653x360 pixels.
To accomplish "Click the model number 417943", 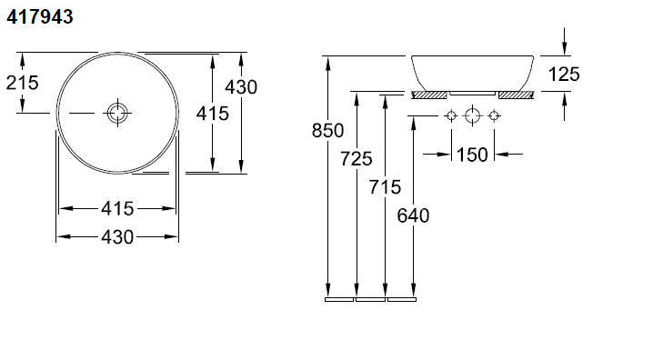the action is coord(40,17).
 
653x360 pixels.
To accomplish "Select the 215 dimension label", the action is coord(23,83).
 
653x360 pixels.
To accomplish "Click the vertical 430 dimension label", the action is coord(241,87).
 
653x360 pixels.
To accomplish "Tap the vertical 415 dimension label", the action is coord(213,114).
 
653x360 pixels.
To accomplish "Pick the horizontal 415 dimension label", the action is coord(117,208).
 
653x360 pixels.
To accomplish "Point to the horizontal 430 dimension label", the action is coord(117,236).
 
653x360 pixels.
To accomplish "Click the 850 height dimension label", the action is coord(327,130).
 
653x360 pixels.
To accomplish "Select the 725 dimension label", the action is coord(357,158).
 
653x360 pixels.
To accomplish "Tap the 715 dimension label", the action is coord(385,187).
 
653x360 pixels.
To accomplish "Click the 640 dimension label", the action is coord(413,215).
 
